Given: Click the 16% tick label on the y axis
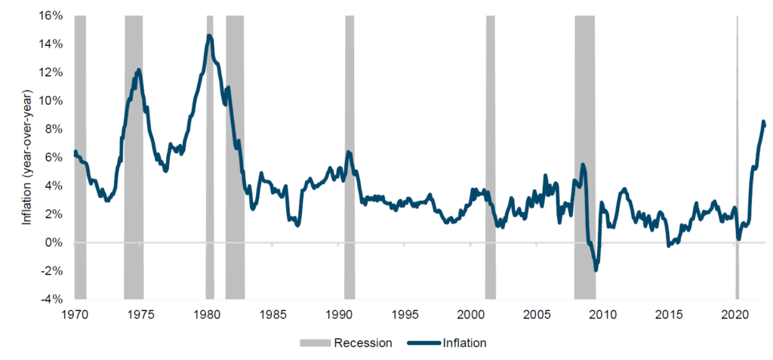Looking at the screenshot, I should pos(52,16).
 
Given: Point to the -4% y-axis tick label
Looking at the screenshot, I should pos(54,300).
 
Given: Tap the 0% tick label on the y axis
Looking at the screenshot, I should pos(55,243).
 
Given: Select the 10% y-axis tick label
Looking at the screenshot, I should pos(52,101).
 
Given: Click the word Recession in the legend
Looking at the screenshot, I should pos(363,343).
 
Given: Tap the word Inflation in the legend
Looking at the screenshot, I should pos(465,343).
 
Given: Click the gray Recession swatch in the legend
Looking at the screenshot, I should pos(315,343).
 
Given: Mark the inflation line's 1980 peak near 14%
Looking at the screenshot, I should pos(209,36).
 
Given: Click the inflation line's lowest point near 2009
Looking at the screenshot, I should pos(596,269).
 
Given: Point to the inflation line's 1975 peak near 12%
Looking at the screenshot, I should pos(138,70).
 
